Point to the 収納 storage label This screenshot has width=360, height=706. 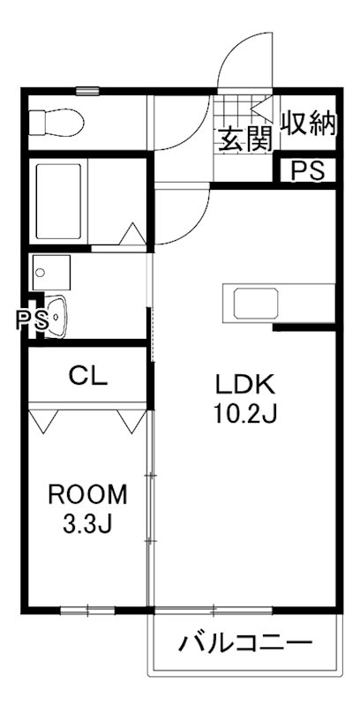(309, 124)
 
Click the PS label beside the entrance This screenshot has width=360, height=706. (308, 169)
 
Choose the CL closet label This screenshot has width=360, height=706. (88, 377)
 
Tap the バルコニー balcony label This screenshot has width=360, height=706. (246, 642)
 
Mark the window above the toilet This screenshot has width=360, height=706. (87, 90)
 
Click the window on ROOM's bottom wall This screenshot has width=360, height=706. (88, 609)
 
